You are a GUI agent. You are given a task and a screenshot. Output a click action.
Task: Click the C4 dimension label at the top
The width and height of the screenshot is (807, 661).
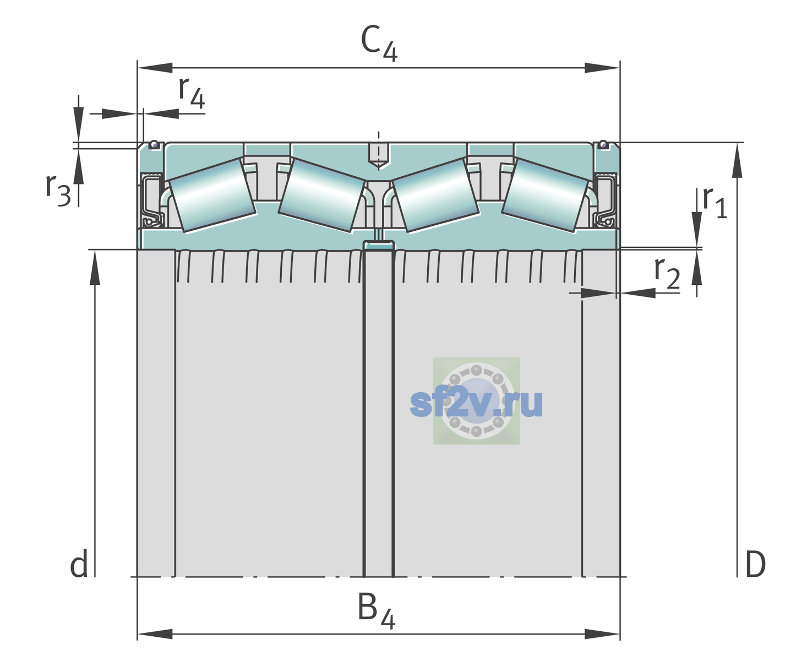pyautogui.click(x=379, y=42)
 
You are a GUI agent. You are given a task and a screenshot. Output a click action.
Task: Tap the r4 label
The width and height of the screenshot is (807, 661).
pyautogui.click(x=192, y=92)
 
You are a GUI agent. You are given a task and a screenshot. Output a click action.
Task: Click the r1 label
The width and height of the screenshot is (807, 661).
pyautogui.click(x=715, y=202)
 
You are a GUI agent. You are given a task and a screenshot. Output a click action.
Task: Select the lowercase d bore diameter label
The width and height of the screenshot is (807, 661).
pyautogui.click(x=79, y=563)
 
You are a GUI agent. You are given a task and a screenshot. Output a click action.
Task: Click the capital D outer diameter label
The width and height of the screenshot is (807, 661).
pyautogui.click(x=755, y=564)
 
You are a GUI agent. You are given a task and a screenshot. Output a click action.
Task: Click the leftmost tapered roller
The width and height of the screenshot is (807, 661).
pyautogui.click(x=212, y=196)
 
